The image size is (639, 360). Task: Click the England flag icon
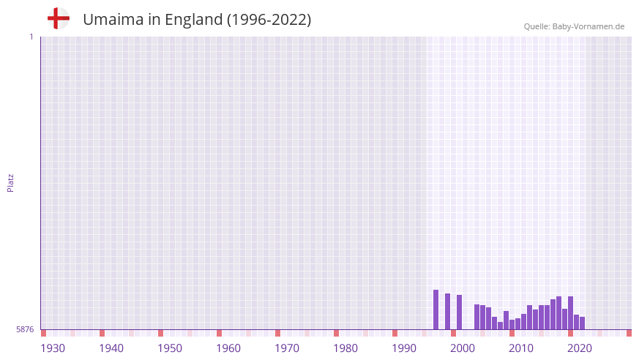[x=59, y=18]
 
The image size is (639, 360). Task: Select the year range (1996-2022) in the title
[x=269, y=20]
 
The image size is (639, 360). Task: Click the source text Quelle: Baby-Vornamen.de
[x=574, y=26]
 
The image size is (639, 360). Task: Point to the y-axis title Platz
[x=10, y=182]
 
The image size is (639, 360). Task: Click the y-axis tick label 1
[x=31, y=37]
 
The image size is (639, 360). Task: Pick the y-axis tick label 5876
[x=25, y=329]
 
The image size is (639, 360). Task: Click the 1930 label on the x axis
[x=53, y=348]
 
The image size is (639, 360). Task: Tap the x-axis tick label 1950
[x=170, y=348]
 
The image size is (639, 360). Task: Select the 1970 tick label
[x=287, y=348]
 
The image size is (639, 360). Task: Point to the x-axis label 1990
[x=404, y=348]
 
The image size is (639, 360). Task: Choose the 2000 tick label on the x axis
[x=463, y=348]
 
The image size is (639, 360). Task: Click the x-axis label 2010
[x=521, y=348]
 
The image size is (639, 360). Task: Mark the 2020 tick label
[x=580, y=348]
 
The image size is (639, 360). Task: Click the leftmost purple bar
[x=436, y=310]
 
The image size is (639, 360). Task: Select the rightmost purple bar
[x=582, y=323]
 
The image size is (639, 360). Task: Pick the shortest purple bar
[x=500, y=326]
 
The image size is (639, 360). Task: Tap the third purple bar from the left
[x=459, y=312]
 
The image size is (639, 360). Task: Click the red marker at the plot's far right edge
[x=629, y=333]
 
